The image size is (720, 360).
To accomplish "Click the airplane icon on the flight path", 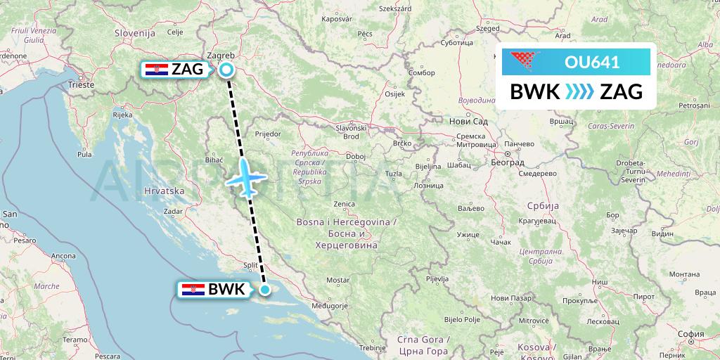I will tap(245, 178).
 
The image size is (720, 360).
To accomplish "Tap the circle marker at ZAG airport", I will tap(226, 70).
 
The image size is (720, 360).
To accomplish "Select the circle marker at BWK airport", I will tap(265, 289).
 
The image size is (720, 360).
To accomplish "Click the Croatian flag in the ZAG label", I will tap(155, 70).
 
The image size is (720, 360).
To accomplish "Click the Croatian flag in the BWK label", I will tap(193, 289).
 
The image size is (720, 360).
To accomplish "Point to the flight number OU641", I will tap(592, 62).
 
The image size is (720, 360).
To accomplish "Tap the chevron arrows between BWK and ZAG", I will tap(580, 91).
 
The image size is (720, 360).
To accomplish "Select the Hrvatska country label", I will tap(163, 191).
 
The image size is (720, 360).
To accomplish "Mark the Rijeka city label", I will tap(122, 114).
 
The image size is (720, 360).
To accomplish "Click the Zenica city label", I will tap(344, 204).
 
